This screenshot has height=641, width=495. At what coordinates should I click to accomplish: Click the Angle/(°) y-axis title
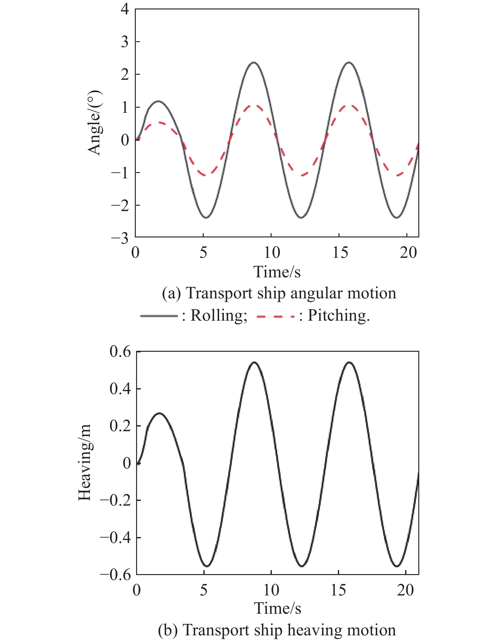coord(95,122)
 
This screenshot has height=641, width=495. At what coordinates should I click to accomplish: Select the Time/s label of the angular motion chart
coord(277,272)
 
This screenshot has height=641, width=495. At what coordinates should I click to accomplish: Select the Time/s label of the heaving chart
coord(278,608)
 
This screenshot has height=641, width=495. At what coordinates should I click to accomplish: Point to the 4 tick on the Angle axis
coord(125,9)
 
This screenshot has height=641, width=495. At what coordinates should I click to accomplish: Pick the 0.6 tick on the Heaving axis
coord(120,352)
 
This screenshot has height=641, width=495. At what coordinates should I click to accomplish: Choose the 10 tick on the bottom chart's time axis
coord(271,590)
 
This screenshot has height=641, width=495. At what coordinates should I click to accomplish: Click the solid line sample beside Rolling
coord(159,316)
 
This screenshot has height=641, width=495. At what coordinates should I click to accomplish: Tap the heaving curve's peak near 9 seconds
coord(254,362)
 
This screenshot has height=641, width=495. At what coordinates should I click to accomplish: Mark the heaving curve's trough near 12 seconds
coord(302,566)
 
